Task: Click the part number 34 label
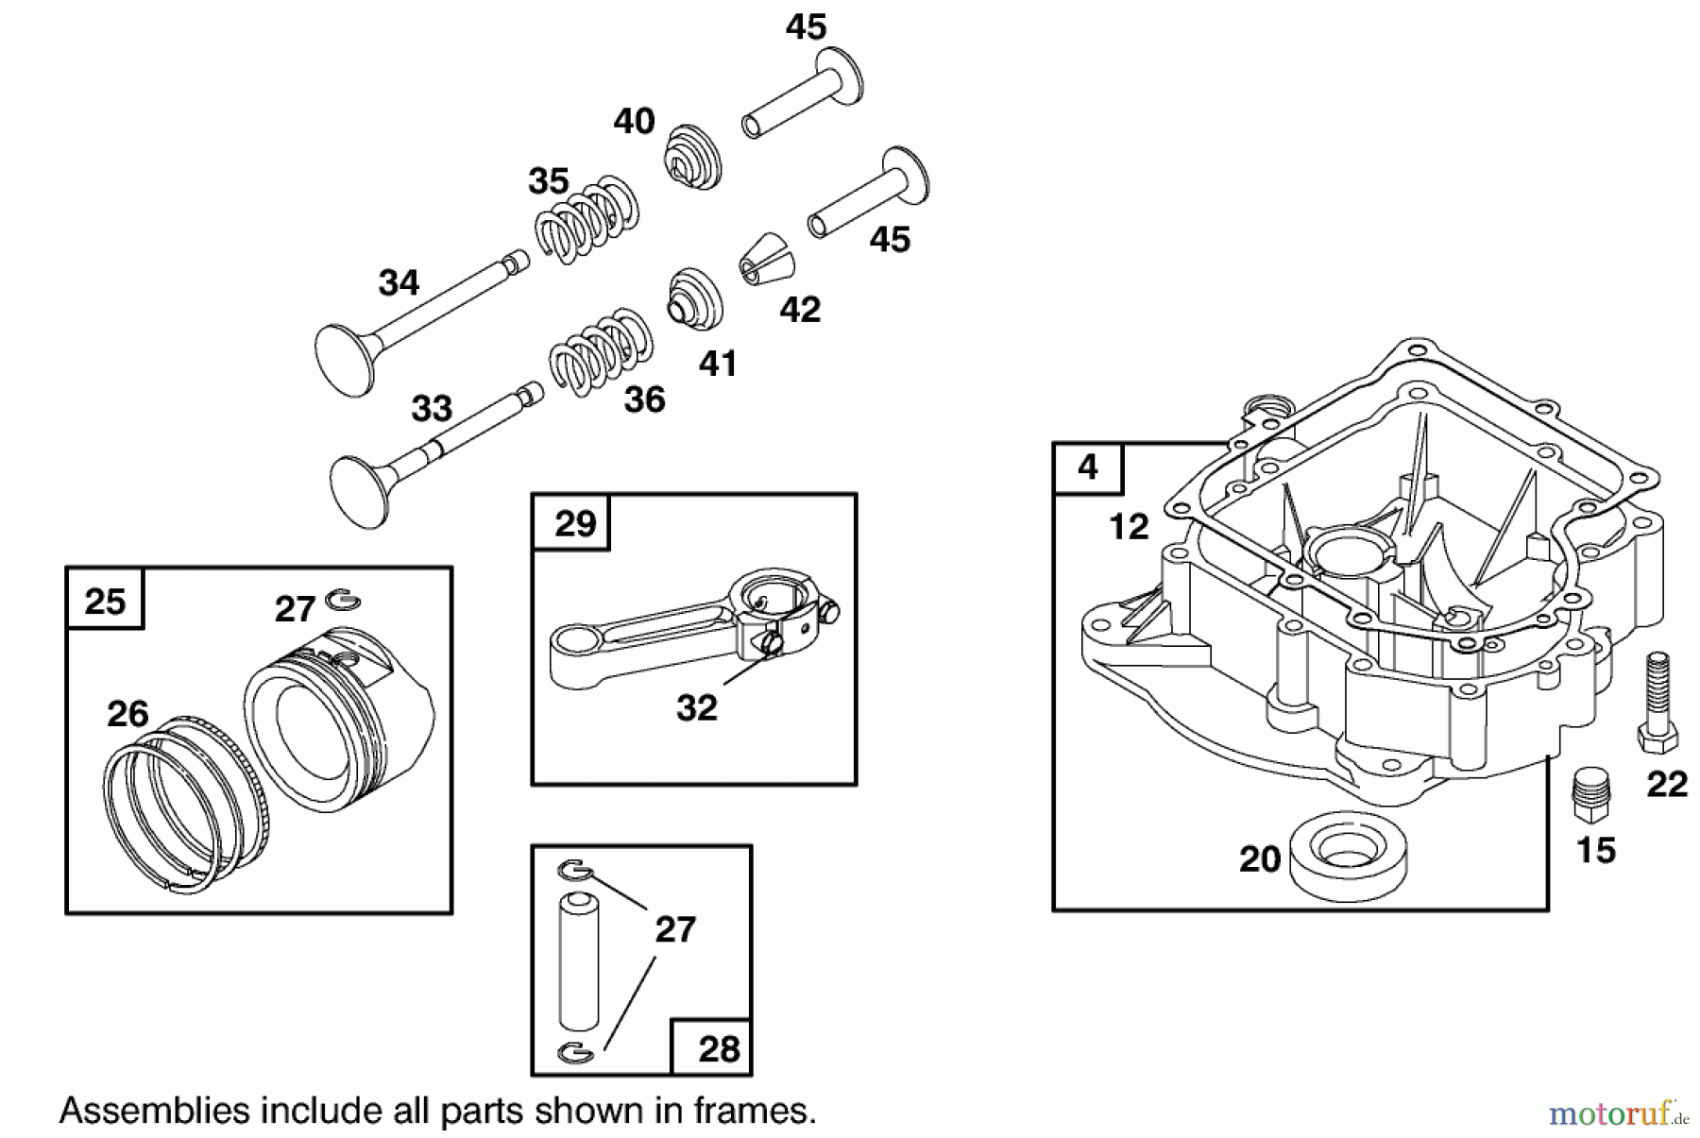pos(399,282)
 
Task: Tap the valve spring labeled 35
pos(586,220)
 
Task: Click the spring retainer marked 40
pos(694,157)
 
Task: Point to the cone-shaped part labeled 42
pos(764,261)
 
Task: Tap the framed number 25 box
pos(105,601)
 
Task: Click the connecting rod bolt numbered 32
pos(770,644)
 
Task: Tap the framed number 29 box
pos(572,522)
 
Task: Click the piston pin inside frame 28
pos(579,961)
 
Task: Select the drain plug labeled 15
pos(1590,794)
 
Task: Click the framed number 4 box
pos(1088,467)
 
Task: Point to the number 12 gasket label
pos(1129,526)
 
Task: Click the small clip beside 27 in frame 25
pos(343,599)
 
